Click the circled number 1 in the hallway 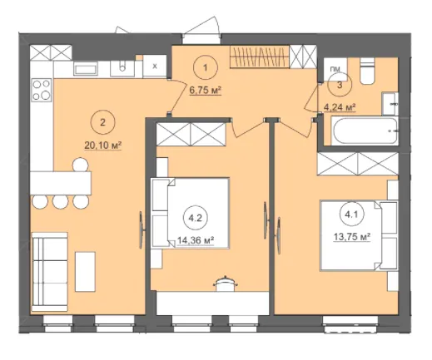point(206,67)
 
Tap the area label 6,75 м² point(206,90)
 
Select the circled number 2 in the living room point(102,122)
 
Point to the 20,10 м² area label point(103,145)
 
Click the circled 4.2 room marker point(195,218)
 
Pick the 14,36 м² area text point(196,240)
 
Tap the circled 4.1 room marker point(351,215)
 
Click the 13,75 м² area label point(352,237)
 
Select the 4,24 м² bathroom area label point(340,107)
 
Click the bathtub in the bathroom point(365,131)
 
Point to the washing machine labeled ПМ point(335,69)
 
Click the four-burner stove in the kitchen point(42,90)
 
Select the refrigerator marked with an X point(155,67)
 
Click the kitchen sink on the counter point(122,68)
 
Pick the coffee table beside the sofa point(86,271)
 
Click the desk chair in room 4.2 point(226,284)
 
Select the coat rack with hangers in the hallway point(260,57)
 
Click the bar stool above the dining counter point(81,165)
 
